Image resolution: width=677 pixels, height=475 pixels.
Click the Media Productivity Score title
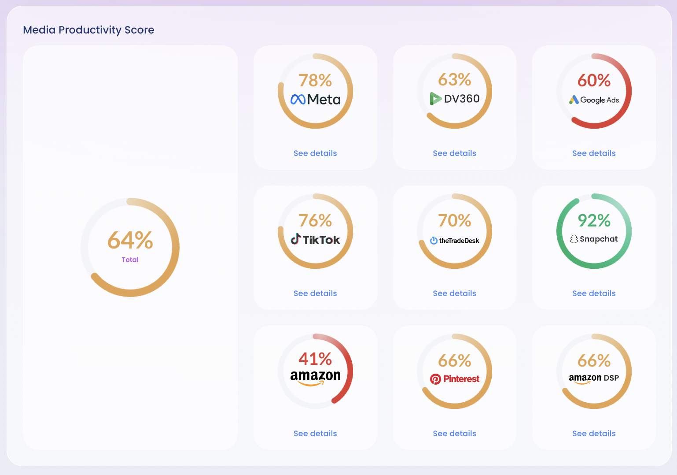pos(88,30)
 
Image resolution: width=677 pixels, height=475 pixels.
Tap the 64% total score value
pos(130,241)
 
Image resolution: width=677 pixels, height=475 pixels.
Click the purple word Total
pos(130,260)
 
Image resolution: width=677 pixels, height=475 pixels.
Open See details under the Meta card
pos(315,153)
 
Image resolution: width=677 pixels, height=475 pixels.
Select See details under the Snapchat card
pos(594,293)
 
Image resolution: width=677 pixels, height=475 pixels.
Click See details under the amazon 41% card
pos(315,434)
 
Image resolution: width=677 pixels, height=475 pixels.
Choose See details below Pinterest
pos(454,434)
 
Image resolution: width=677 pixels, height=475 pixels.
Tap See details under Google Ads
pos(594,153)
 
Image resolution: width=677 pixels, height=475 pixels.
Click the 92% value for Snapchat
pos(594,220)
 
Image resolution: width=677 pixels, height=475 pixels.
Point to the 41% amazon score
pos(315,359)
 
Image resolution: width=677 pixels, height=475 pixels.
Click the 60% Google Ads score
pos(594,81)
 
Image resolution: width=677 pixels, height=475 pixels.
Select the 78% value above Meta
pos(315,81)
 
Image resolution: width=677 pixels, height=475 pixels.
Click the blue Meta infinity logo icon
pos(298,100)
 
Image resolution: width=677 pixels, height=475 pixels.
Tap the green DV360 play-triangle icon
pos(435,99)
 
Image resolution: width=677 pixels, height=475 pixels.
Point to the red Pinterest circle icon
pos(435,379)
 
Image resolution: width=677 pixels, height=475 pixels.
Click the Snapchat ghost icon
pos(574,239)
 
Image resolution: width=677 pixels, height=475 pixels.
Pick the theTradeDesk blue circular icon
pos(434,241)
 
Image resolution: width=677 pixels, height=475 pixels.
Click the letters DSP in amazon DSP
pos(611,378)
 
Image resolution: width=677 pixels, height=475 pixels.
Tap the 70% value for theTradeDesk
pos(454,220)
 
